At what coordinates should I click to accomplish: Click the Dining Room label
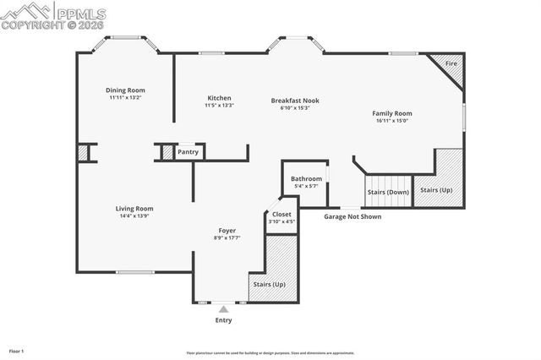(125, 90)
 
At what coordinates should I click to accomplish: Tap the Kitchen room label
(219, 98)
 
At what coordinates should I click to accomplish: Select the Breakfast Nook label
(295, 101)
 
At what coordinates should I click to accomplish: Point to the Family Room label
(392, 113)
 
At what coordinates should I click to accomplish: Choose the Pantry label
(189, 152)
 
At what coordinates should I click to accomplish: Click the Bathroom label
(306, 179)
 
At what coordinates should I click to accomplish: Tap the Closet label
(281, 215)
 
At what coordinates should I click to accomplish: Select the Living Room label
(134, 209)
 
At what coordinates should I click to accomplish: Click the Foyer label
(227, 231)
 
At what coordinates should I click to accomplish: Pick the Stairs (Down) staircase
(388, 192)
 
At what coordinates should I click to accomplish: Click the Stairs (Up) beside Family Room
(437, 190)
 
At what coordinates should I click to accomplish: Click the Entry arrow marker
(223, 310)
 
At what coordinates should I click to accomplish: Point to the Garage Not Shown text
(352, 217)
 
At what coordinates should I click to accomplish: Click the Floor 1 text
(16, 350)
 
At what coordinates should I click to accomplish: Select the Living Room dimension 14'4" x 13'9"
(135, 216)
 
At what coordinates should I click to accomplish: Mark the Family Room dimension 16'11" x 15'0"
(392, 121)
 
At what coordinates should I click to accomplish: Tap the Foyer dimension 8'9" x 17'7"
(227, 238)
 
